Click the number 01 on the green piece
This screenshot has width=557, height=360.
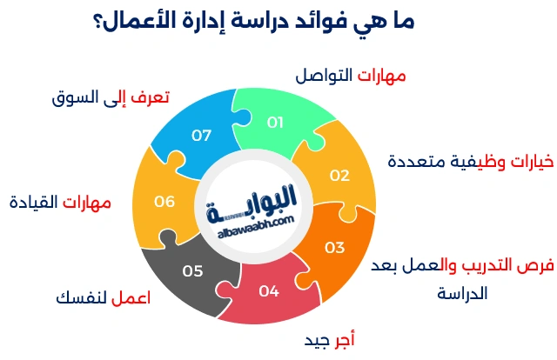click(275, 123)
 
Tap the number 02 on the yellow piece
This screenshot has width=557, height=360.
click(339, 175)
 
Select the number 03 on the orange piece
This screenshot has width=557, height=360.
click(334, 247)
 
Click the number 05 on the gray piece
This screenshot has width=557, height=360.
click(192, 270)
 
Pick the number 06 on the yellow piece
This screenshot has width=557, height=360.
click(164, 202)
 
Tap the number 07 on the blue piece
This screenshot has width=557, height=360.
click(202, 135)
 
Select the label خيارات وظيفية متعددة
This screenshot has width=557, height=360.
click(470, 161)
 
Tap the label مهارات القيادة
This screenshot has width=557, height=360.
click(60, 203)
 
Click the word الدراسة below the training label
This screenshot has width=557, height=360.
click(462, 293)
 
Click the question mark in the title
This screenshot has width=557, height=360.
click(97, 23)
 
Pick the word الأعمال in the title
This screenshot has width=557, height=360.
click(137, 22)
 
